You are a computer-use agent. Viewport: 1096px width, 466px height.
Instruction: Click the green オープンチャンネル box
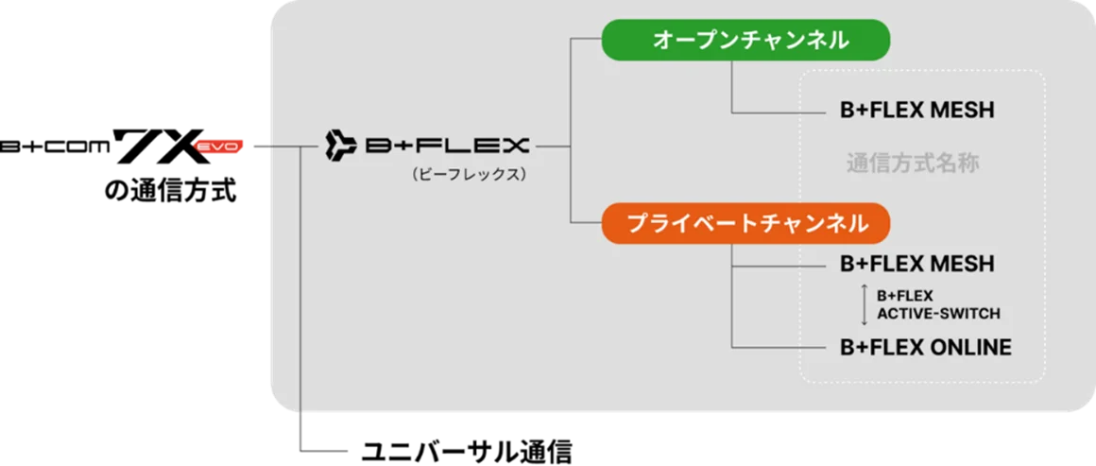[x=746, y=40]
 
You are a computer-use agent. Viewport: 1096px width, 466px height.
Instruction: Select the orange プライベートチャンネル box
[x=746, y=223]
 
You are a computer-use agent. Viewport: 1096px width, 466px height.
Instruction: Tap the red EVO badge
[x=218, y=147]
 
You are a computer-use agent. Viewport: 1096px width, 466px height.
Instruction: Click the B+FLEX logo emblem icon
[x=339, y=146]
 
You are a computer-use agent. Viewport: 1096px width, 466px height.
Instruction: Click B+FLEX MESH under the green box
[x=916, y=111]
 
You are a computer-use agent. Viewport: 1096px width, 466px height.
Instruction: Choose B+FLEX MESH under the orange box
[x=916, y=264]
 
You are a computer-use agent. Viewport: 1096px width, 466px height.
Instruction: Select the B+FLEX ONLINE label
[x=925, y=347]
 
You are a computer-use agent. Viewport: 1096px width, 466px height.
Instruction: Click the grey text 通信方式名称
[x=912, y=164]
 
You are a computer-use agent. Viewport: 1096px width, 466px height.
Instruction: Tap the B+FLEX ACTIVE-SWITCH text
[x=937, y=304]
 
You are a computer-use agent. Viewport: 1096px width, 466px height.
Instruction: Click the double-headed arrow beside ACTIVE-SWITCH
[x=863, y=304]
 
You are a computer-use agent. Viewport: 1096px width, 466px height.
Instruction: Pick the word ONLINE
[x=970, y=347]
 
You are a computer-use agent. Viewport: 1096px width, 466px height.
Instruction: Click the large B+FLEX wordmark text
[x=447, y=146]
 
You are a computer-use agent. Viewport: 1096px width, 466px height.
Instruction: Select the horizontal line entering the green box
[x=587, y=40]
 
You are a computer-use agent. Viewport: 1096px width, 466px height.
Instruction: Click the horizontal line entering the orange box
[x=587, y=223]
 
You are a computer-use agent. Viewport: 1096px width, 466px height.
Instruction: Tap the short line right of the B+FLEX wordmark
[x=553, y=147]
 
